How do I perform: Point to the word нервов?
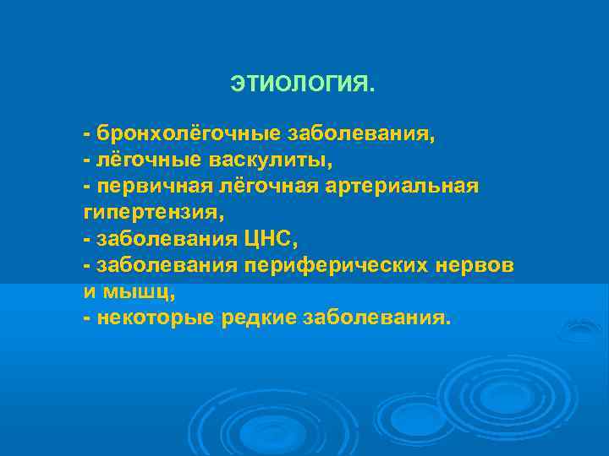(x=479, y=265)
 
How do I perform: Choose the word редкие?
(x=251, y=318)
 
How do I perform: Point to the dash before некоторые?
(x=87, y=318)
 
